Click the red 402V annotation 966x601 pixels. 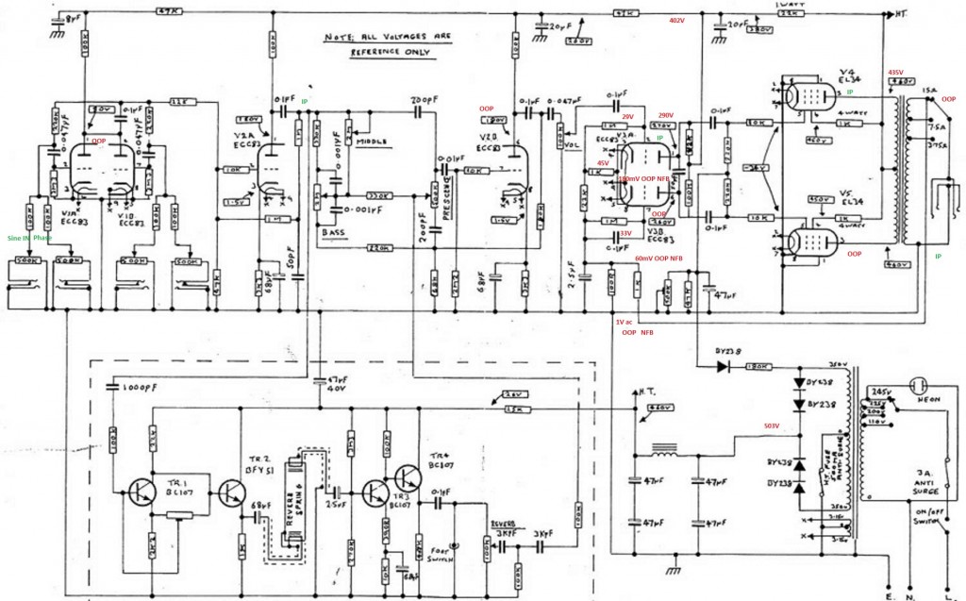click(676, 20)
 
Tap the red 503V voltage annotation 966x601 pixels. click(773, 426)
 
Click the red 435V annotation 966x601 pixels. click(896, 73)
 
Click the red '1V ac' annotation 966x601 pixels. click(625, 322)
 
